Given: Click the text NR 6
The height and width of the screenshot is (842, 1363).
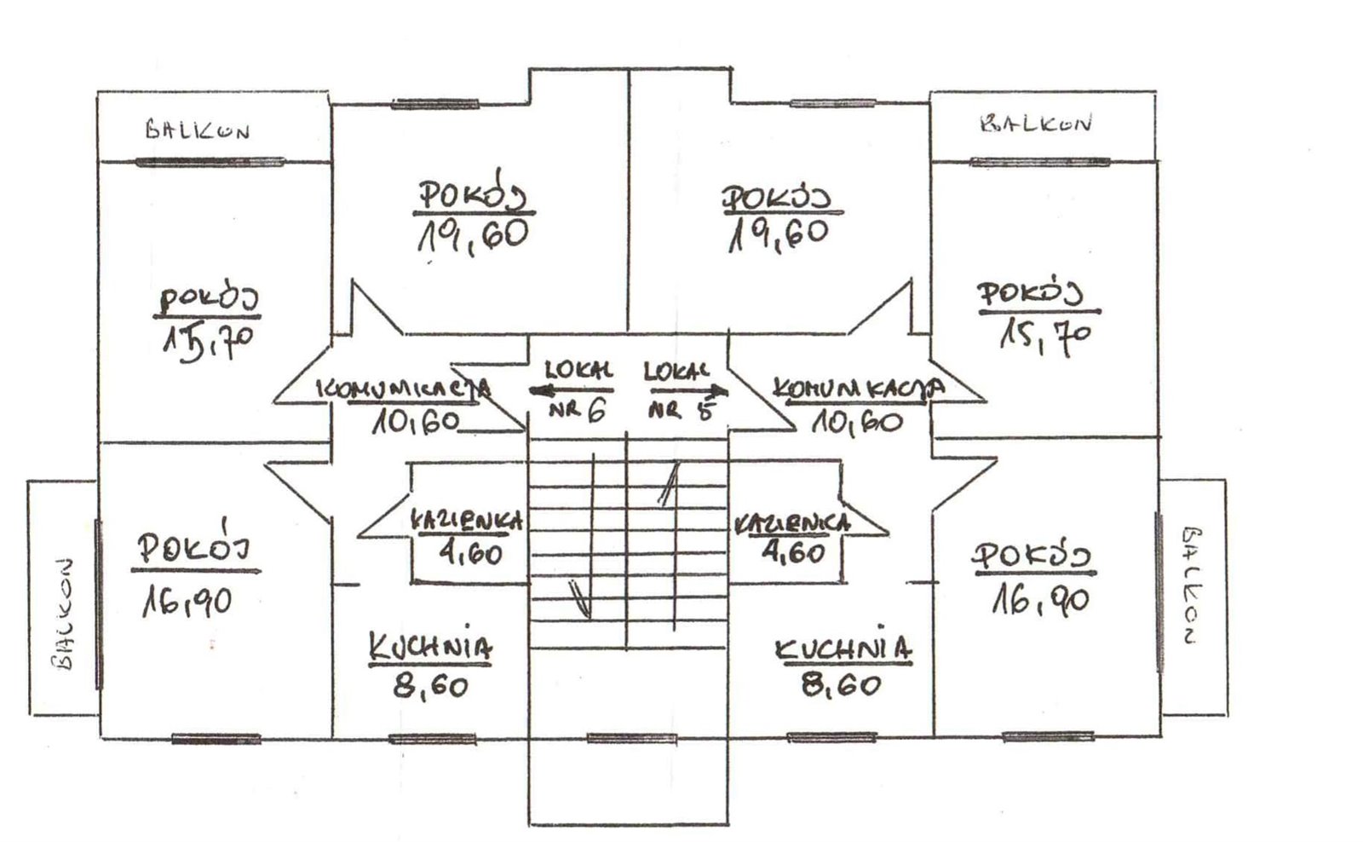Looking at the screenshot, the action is point(576,410).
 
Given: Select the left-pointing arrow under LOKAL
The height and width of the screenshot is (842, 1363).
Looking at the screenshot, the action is point(571,391).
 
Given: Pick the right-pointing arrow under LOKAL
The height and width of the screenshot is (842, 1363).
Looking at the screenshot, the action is point(689,389).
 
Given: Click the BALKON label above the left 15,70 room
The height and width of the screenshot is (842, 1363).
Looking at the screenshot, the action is point(197,130).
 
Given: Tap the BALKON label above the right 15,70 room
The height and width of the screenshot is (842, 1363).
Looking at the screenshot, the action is point(1036,124).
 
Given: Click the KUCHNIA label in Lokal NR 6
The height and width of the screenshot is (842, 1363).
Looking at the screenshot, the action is point(430,647).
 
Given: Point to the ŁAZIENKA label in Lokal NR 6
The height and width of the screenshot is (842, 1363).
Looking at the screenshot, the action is point(466,522).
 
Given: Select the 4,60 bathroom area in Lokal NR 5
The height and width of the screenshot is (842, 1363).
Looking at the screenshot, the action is point(793,552).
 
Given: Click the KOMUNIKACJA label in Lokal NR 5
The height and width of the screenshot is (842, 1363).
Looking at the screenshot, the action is point(859,388).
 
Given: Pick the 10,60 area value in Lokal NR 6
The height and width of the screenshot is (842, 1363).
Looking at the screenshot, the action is point(417,420).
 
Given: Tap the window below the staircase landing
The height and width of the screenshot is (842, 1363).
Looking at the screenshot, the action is point(631,739).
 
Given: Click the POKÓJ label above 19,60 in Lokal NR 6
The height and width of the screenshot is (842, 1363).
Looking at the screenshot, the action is point(474,192).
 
